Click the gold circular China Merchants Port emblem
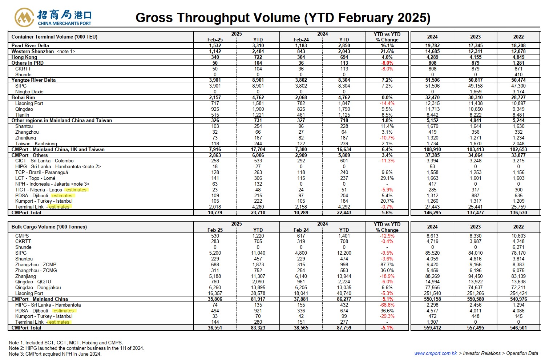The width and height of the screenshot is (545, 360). [x=24, y=17]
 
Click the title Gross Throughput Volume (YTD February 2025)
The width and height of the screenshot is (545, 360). [x=283, y=18]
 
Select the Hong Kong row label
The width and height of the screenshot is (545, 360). [x=24, y=57]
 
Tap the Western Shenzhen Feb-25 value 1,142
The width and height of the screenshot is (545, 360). [x=215, y=51]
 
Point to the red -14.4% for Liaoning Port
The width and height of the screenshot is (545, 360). [x=387, y=104]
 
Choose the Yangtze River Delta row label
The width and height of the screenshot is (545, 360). [x=33, y=80]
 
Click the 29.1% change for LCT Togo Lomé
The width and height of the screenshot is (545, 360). [x=387, y=178]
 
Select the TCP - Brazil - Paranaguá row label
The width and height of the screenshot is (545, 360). [x=42, y=173]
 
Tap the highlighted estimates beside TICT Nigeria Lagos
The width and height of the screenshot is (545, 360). [x=76, y=190]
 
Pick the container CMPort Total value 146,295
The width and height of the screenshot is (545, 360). [x=432, y=213]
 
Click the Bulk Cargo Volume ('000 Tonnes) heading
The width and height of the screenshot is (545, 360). [x=49, y=227]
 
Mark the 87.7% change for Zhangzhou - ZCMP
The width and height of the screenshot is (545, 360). [x=387, y=265]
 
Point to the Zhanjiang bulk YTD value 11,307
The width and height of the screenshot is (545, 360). [x=258, y=276]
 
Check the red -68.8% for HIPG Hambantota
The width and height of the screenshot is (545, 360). [x=387, y=305]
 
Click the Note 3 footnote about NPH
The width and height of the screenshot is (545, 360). [x=55, y=354]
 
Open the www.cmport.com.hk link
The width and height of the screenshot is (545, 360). [x=436, y=353]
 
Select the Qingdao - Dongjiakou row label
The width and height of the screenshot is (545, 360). [x=38, y=288]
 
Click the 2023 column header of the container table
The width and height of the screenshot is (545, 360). [x=475, y=37]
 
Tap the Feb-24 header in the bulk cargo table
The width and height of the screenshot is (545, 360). [x=301, y=230]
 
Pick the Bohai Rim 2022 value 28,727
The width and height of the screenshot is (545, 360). [x=518, y=98]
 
